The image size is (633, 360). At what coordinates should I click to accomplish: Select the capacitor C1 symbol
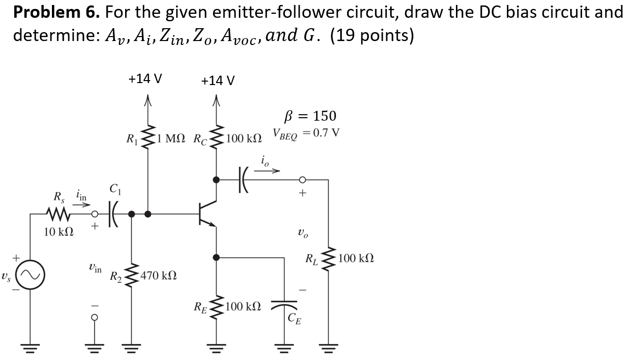click(113, 214)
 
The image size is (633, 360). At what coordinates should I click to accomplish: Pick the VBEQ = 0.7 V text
click(306, 134)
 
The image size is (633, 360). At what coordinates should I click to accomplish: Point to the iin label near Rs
click(81, 196)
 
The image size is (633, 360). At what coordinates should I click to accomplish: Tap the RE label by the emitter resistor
click(201, 307)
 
